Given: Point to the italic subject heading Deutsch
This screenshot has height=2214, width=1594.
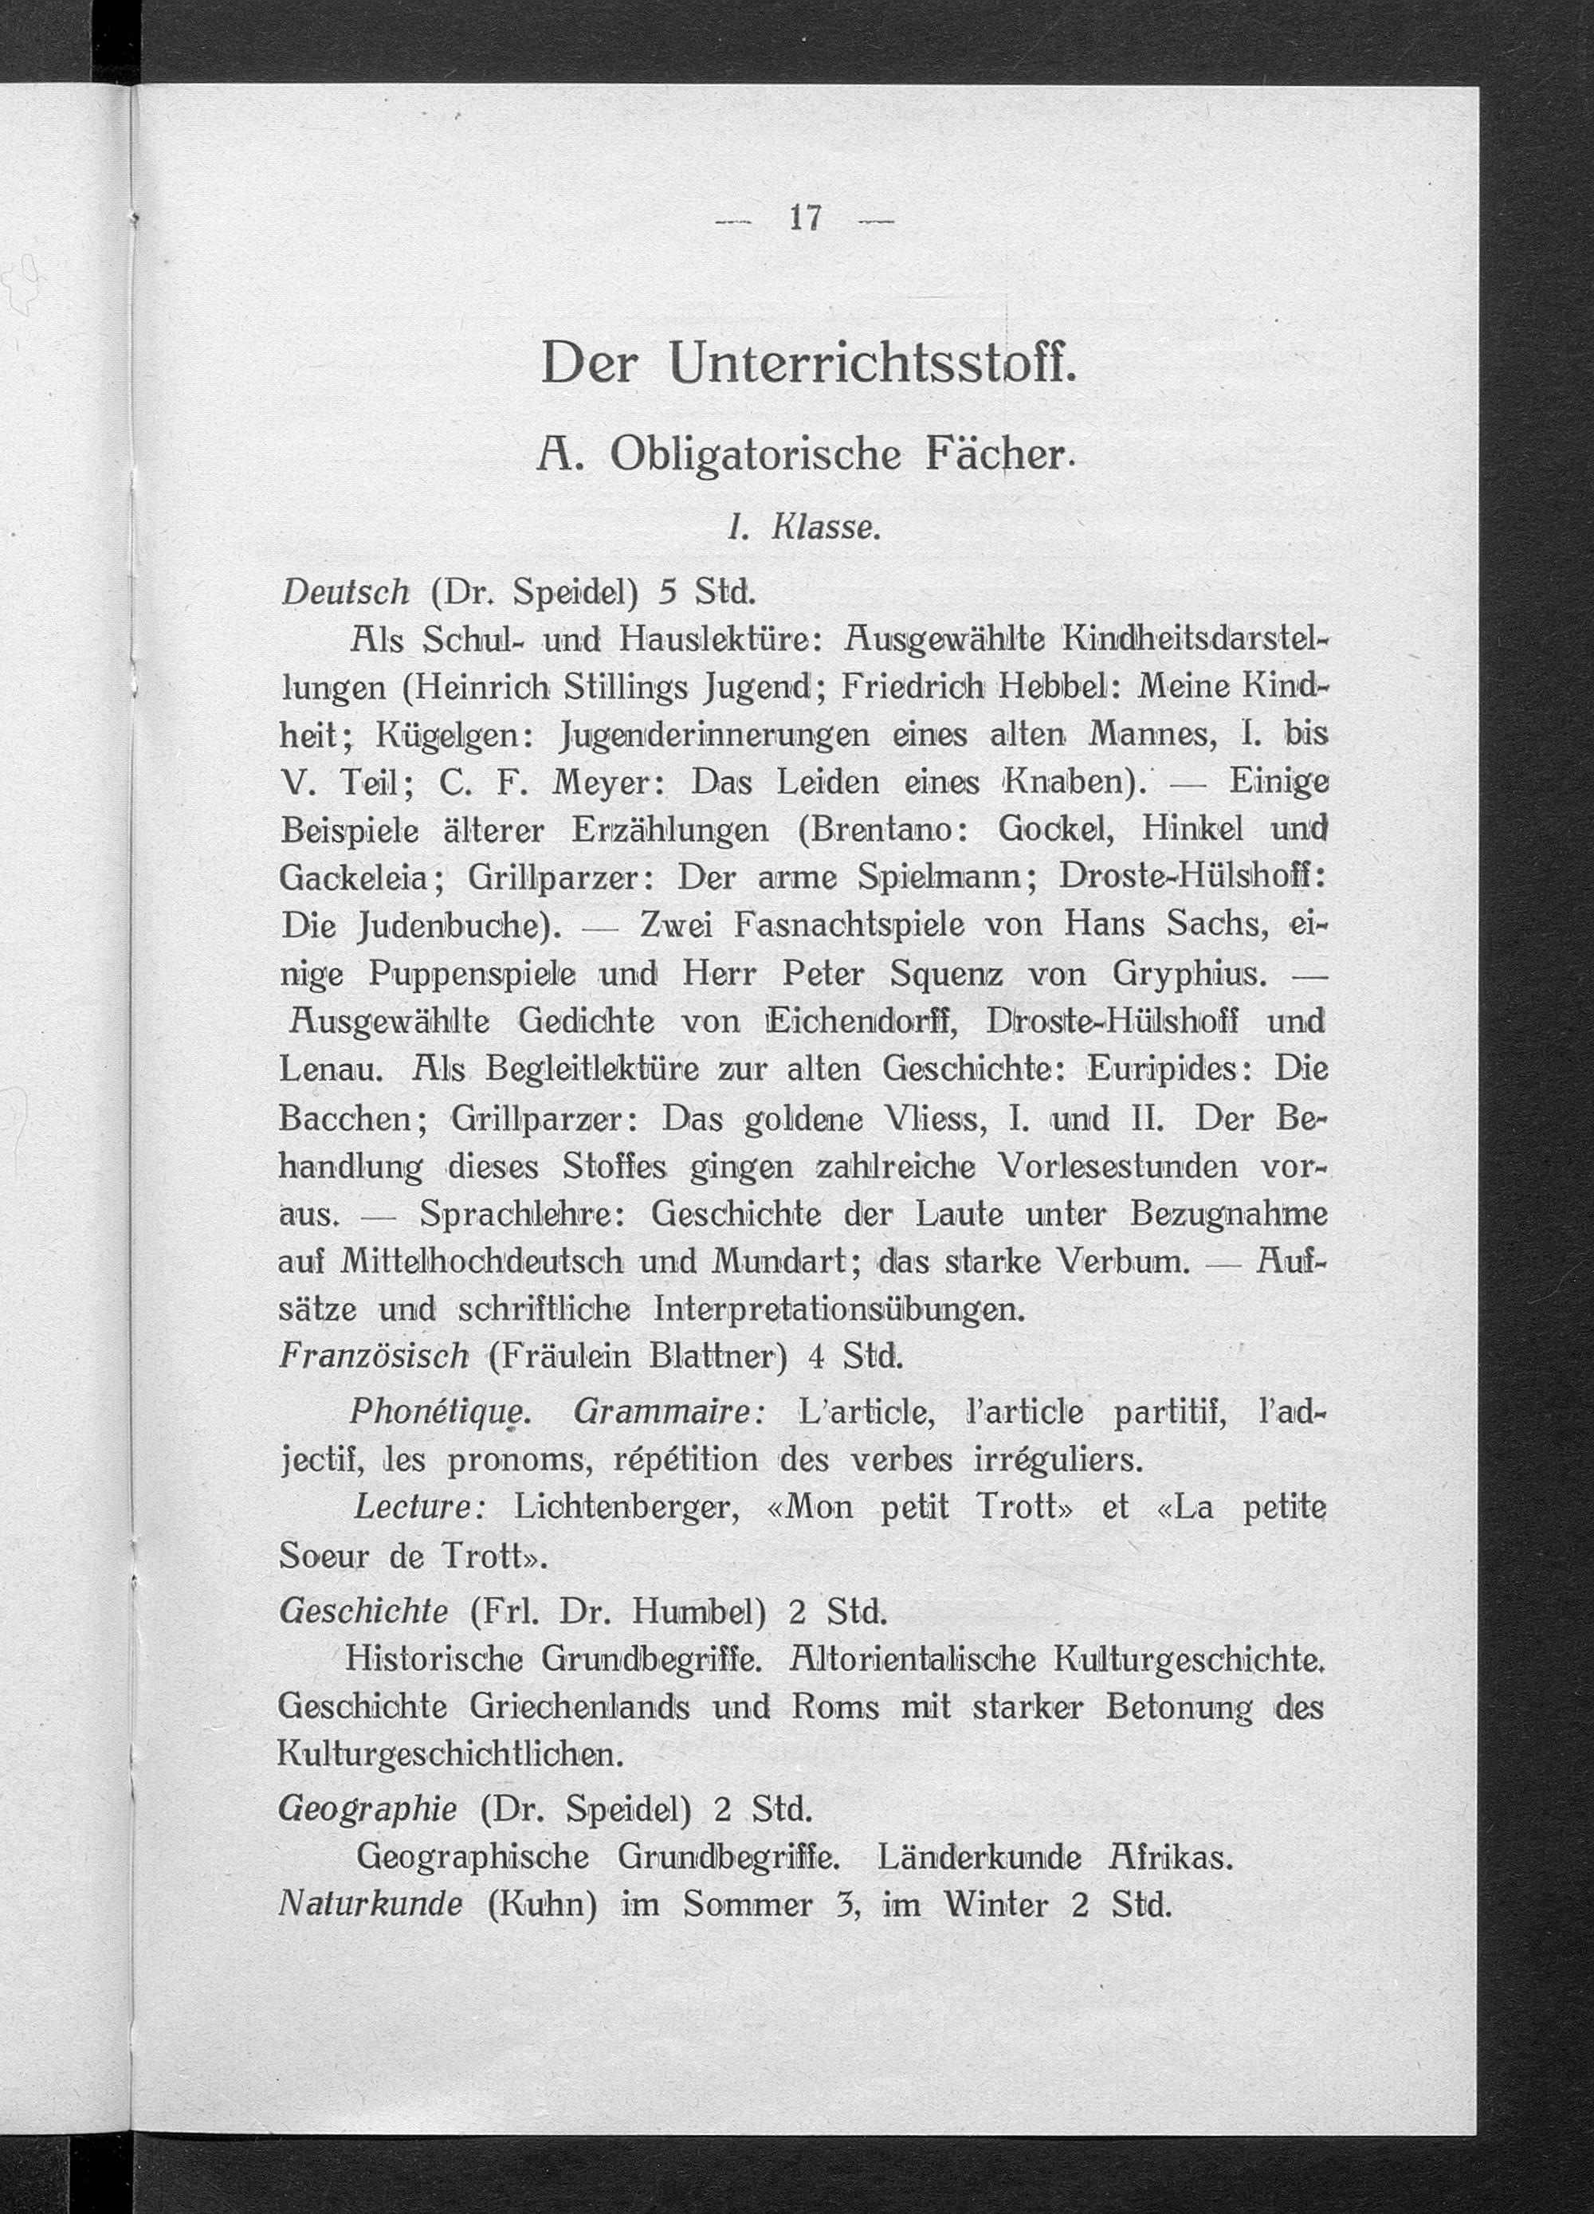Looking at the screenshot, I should tap(344, 591).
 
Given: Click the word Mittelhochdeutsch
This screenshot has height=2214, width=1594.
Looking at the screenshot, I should tap(482, 1262).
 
